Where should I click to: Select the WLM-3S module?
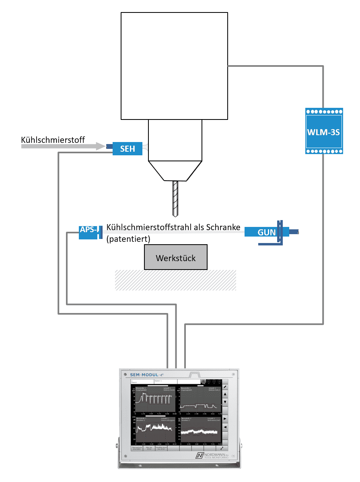pos(324,131)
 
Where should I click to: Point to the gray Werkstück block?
pos(176,257)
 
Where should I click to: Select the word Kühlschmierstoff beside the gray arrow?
pos(53,140)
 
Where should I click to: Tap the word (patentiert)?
pos(128,239)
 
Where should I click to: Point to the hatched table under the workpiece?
pos(175,280)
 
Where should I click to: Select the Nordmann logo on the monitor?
pos(211,455)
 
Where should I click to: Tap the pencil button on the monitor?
pos(225,387)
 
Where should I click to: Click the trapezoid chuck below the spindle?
pos(175,170)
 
